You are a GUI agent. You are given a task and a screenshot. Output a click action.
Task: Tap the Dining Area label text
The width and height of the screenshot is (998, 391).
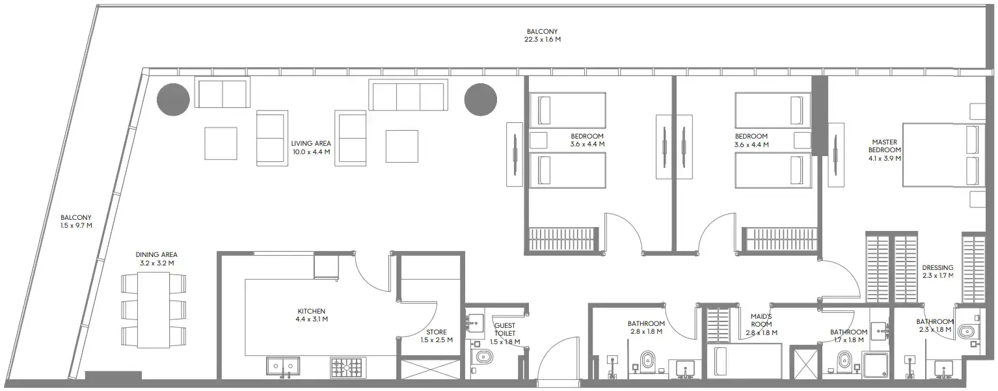pyautogui.click(x=156, y=259)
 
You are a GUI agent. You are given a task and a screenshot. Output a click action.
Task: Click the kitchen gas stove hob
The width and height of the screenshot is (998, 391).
pyautogui.click(x=346, y=368)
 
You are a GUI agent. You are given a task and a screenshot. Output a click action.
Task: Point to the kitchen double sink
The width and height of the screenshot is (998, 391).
pyautogui.click(x=282, y=367)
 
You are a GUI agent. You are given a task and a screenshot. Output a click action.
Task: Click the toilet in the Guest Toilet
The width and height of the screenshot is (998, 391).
pyautogui.click(x=484, y=357)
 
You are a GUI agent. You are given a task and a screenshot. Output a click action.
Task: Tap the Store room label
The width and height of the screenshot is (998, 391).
pyautogui.click(x=436, y=336)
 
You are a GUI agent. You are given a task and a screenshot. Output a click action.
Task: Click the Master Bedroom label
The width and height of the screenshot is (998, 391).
pyautogui.click(x=884, y=150)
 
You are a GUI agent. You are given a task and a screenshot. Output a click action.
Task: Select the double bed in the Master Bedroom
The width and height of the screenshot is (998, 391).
pyautogui.click(x=940, y=155)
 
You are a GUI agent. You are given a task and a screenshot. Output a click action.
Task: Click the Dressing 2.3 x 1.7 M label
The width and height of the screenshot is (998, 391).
pyautogui.click(x=937, y=271)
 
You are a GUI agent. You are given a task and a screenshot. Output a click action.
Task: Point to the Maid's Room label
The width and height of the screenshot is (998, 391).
pyautogui.click(x=761, y=324)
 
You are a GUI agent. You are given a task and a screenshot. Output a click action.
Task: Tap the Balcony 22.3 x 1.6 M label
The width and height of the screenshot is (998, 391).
pyautogui.click(x=542, y=35)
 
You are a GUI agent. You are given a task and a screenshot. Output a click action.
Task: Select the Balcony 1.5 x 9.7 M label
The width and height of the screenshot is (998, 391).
pyautogui.click(x=76, y=222)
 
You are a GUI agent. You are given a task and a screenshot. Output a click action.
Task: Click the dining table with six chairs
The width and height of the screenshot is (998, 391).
pyautogui.click(x=154, y=310)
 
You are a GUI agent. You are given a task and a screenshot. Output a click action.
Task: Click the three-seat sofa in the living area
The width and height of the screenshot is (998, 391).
pyautogui.click(x=408, y=96)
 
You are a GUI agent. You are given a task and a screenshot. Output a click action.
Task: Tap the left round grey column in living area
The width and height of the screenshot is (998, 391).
pyautogui.click(x=174, y=100)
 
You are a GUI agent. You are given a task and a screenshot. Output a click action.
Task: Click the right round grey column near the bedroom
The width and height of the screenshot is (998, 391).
pyautogui.click(x=480, y=100)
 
